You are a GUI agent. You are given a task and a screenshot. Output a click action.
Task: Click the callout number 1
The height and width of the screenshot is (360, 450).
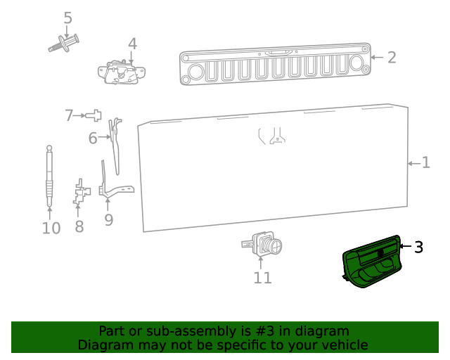click(x=425, y=163)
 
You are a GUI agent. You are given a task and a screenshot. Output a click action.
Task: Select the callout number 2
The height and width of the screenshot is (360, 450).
click(x=392, y=58)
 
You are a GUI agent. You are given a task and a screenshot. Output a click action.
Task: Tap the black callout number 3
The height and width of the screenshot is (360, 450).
click(x=418, y=247)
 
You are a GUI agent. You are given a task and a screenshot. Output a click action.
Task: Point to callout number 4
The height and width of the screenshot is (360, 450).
click(x=132, y=44)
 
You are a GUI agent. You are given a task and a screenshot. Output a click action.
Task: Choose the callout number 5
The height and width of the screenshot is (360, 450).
click(x=67, y=18)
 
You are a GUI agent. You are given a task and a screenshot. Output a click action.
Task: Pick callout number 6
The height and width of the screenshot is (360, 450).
click(x=93, y=139)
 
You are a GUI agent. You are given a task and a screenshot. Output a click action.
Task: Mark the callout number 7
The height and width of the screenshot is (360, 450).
click(x=69, y=115)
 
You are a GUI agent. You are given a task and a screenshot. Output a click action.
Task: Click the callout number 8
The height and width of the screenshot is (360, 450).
click(x=79, y=226)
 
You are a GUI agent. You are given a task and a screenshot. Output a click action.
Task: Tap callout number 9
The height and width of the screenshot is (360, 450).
click(x=108, y=220)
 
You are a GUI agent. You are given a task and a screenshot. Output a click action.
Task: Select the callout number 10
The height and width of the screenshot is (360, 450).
click(x=51, y=229)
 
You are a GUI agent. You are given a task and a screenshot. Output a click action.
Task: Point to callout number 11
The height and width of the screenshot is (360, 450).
click(x=262, y=278)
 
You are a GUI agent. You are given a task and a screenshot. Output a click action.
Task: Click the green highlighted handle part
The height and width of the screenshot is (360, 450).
click(x=371, y=263)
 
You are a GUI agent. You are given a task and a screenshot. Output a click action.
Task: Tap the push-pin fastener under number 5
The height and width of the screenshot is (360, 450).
click(x=64, y=44)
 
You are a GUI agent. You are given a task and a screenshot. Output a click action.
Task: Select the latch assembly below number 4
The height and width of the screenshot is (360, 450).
click(x=122, y=72)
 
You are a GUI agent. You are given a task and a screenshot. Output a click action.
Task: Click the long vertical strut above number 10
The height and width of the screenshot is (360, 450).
click(x=49, y=176)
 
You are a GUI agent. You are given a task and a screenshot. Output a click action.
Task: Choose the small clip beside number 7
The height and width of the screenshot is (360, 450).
click(x=96, y=115)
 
